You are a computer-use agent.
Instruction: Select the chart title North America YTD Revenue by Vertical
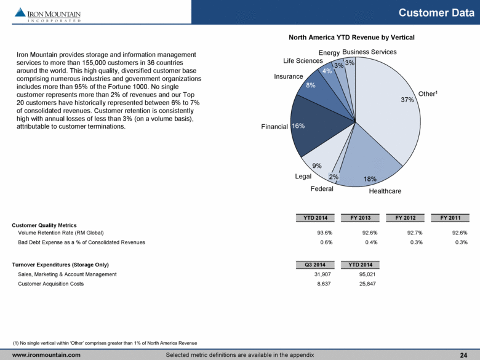point(351,38)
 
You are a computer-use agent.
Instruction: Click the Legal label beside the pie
point(304,176)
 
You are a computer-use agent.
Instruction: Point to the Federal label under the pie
point(322,189)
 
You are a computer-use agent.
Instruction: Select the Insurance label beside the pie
point(289,77)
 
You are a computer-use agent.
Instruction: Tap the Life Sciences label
point(303,61)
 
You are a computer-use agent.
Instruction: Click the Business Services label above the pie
point(369,52)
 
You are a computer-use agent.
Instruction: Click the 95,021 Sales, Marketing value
point(367,274)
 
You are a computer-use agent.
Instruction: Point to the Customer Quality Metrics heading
point(44,225)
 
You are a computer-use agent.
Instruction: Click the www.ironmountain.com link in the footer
point(47,355)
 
